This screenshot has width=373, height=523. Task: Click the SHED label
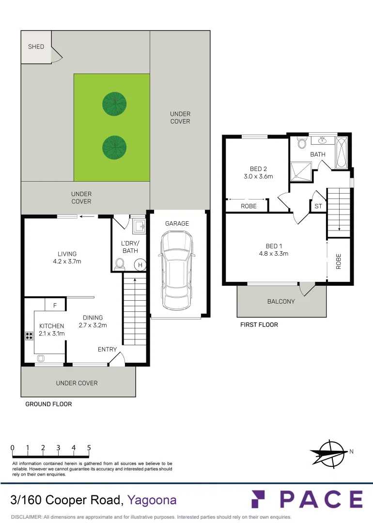36,46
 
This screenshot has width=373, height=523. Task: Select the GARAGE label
177,224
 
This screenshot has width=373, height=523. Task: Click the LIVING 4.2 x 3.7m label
67,258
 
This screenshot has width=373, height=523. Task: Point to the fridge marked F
55,306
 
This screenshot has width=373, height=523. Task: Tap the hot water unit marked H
140,265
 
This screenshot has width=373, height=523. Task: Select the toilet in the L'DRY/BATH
120,264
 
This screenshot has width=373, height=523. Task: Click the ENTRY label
107,349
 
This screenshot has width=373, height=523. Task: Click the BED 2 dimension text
258,177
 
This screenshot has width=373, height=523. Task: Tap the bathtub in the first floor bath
341,154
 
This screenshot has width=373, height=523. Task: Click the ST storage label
318,207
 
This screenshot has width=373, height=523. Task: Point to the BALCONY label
281,301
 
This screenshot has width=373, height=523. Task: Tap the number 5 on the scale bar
89,448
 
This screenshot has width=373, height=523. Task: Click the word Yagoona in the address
152,500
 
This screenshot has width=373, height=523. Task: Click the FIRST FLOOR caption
259,324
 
